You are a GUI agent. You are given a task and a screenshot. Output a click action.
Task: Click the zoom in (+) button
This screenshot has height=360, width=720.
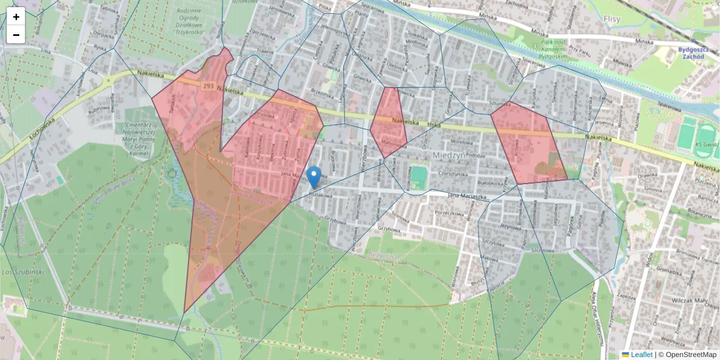pyautogui.click(x=16, y=17)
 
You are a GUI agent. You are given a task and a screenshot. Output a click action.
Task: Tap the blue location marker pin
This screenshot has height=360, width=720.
pyautogui.click(x=313, y=176)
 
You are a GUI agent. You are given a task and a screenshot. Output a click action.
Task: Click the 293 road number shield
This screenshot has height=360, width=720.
pyautogui.click(x=208, y=86)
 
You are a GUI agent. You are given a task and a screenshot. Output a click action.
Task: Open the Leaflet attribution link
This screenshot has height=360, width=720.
pyautogui.click(x=641, y=355)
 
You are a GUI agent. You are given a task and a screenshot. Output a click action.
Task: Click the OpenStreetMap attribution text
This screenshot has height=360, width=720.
pyautogui.click(x=688, y=355)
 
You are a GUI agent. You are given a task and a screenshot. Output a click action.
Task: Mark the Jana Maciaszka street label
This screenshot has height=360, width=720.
pyautogui.click(x=475, y=196)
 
